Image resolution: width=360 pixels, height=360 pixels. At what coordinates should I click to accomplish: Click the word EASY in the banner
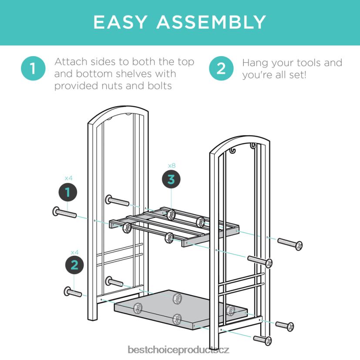coord(120,22)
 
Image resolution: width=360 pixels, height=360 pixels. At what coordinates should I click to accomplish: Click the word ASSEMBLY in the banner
coord(211,22)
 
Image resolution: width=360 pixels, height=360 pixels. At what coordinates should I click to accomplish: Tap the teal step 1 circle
coord(33,68)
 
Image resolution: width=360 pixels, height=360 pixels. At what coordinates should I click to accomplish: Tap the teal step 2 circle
coord(221,68)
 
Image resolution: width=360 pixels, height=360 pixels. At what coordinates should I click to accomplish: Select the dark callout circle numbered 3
coord(171,179)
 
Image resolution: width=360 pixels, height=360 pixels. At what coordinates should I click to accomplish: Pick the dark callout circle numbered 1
coord(68,192)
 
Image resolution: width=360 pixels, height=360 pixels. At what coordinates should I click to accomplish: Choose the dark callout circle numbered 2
coord(74,265)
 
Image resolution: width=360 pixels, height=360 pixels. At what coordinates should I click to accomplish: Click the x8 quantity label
coord(172,165)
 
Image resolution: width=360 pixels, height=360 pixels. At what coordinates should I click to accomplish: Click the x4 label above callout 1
coord(68,178)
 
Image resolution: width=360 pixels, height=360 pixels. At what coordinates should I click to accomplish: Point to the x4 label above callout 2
coord(74,252)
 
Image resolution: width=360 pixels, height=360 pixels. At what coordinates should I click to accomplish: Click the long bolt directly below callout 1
coord(64,212)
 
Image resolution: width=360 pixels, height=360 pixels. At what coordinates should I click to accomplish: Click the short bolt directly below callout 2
coord(73,292)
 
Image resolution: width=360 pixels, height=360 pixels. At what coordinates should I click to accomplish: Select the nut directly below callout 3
coord(171,215)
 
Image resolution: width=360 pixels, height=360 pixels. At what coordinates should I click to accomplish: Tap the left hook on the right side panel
coord(232,151)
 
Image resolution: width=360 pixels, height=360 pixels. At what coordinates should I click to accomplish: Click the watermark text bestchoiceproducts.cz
coord(178,350)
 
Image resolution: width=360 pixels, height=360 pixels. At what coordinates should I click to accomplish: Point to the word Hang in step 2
coord(255,63)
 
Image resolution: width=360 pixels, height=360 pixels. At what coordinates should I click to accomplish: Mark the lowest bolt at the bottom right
coord(262,340)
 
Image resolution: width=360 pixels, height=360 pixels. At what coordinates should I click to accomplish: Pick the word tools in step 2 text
coord(307,63)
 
